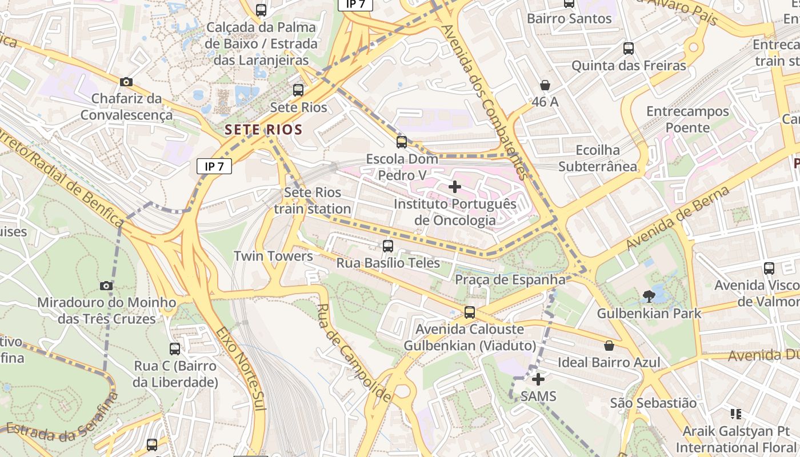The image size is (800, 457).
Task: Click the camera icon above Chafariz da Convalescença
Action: click(x=126, y=82)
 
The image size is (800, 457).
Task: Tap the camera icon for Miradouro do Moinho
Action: click(x=106, y=286)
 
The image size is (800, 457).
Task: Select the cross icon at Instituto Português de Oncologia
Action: click(x=455, y=187)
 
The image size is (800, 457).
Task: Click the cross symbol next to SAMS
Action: click(x=538, y=379)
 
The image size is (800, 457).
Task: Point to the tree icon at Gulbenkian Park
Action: click(x=649, y=296)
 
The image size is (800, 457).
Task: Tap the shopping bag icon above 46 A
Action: click(x=545, y=85)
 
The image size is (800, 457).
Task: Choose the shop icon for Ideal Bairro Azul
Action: click(x=609, y=346)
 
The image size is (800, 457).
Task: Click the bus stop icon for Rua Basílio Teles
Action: click(x=388, y=246)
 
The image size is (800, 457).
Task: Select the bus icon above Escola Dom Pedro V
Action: click(x=402, y=142)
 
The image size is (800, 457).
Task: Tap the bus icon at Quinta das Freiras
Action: click(x=629, y=49)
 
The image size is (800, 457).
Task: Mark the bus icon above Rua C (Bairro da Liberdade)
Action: click(x=175, y=348)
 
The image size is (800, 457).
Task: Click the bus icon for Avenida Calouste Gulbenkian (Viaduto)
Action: click(x=470, y=312)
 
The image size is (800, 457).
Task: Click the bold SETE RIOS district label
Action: click(x=263, y=130)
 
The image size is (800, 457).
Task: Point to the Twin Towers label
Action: click(x=273, y=256)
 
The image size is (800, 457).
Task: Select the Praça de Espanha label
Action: click(x=510, y=280)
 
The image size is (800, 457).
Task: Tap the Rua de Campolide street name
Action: click(x=354, y=352)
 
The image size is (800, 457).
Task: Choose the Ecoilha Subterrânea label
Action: click(x=598, y=158)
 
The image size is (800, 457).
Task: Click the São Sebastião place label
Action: click(x=653, y=403)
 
